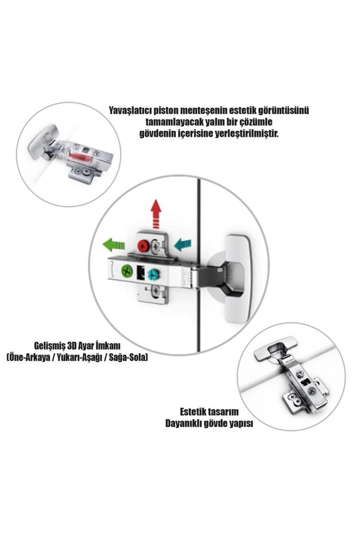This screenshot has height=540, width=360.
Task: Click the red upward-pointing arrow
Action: tap(156, 214)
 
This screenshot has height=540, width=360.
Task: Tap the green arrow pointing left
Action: tap(114, 245)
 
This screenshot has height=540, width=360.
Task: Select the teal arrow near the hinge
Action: tap(182, 245)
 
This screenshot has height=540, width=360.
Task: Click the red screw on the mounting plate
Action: tap(143, 246)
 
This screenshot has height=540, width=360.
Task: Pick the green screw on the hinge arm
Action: tap(127, 270)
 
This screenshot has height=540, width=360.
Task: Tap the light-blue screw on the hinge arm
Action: tap(152, 274)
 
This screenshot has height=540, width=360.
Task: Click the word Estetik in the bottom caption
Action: tap(194, 412)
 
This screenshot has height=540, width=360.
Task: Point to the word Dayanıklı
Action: tap(182, 423)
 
